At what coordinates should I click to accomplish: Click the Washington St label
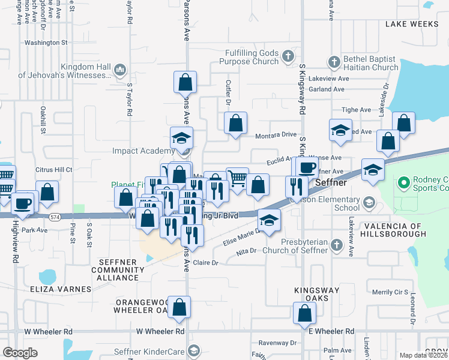46,43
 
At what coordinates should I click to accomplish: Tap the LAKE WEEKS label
412,24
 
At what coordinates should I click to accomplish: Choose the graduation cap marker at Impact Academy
181,139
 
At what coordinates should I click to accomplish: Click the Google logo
20,353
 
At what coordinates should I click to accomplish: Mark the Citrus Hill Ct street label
53,170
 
